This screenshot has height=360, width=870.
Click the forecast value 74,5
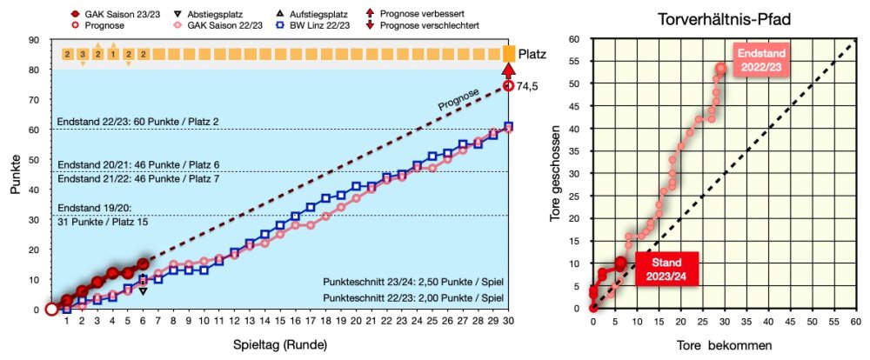click(529, 86)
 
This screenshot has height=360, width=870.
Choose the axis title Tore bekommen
click(723, 345)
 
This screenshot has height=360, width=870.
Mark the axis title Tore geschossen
click(559, 174)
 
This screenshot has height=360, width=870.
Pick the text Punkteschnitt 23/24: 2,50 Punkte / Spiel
click(413, 283)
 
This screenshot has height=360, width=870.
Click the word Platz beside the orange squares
click(532, 54)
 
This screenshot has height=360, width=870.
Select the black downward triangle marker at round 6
click(143, 290)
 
